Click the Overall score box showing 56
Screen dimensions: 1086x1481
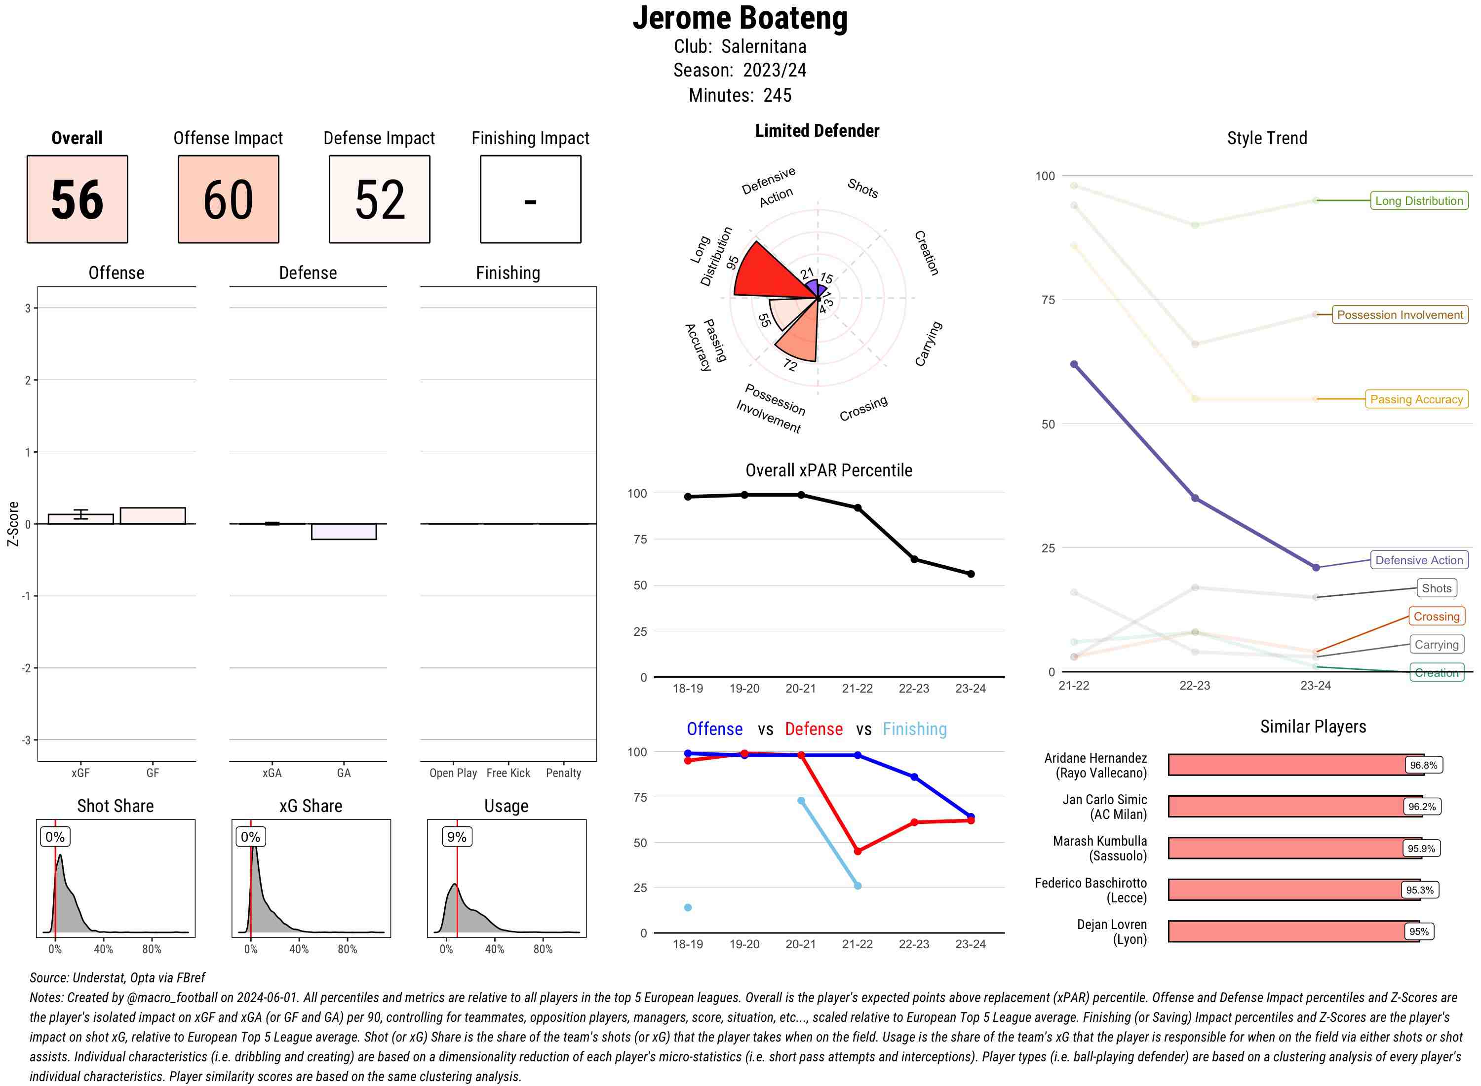coord(77,199)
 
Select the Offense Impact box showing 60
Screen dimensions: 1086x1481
coord(228,199)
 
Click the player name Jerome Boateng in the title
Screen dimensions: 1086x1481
coord(740,18)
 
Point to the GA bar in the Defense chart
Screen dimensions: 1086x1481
coord(343,532)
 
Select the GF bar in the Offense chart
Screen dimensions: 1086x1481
coord(153,516)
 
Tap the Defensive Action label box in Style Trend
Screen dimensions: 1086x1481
coord(1419,561)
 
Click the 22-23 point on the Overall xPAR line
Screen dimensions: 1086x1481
coord(914,559)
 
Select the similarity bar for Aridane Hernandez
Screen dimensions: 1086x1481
coord(1288,765)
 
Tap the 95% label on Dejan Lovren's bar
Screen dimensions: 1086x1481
coord(1419,931)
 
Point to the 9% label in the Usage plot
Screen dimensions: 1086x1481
coord(456,837)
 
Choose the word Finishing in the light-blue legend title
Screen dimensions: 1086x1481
coord(914,729)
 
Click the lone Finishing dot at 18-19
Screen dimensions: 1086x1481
coord(688,907)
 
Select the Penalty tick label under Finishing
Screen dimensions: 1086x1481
coord(563,773)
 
